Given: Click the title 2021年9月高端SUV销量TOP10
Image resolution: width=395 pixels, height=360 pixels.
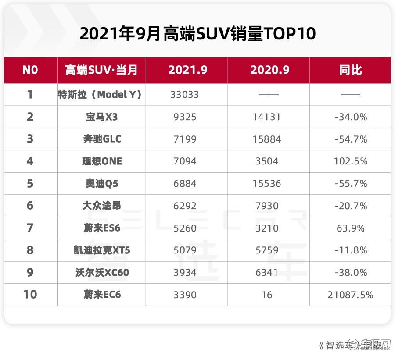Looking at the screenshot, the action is [197, 33].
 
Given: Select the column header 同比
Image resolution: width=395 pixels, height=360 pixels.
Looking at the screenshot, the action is [350, 70].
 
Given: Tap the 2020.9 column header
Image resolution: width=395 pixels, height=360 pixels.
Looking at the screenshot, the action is [270, 70].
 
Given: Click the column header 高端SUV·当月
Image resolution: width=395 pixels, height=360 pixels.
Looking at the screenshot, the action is [101, 70].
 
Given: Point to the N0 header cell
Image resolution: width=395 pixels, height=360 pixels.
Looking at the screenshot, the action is [30, 70].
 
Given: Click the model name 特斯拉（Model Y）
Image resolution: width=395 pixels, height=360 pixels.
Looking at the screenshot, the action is [100, 95].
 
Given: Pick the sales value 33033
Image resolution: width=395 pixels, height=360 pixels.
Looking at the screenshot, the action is [185, 95].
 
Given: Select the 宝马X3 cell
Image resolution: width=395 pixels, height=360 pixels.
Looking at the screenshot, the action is [102, 117].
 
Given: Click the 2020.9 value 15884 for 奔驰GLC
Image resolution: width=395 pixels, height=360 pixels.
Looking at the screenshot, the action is [267, 139].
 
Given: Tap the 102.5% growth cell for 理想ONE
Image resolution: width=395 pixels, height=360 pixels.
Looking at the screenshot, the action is [350, 161].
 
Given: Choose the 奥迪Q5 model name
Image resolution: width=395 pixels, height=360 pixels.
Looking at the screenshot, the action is [102, 184].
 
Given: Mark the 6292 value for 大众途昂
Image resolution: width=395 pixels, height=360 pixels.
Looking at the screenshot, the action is [185, 206].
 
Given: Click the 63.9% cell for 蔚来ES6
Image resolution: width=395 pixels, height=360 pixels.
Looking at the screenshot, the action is [350, 228].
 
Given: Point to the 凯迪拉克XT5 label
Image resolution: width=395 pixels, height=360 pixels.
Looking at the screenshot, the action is [102, 250].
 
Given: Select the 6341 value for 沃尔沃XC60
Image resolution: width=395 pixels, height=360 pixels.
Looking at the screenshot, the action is [267, 273].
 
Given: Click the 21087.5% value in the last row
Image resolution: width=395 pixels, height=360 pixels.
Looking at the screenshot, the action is [350, 295].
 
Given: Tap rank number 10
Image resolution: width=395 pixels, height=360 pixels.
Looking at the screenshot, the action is [30, 295].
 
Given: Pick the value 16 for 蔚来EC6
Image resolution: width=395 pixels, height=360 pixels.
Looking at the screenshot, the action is [267, 295].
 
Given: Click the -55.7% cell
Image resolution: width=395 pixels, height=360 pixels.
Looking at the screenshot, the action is [350, 184].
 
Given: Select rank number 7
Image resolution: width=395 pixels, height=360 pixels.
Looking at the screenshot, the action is [30, 228].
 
